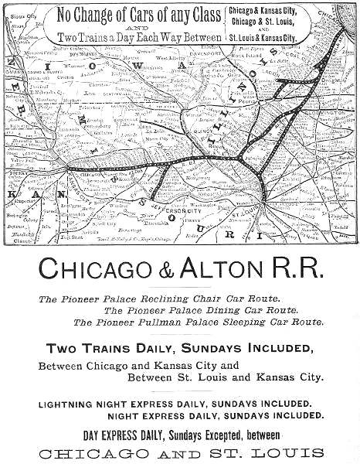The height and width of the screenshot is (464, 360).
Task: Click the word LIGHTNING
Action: tap(73, 404)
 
